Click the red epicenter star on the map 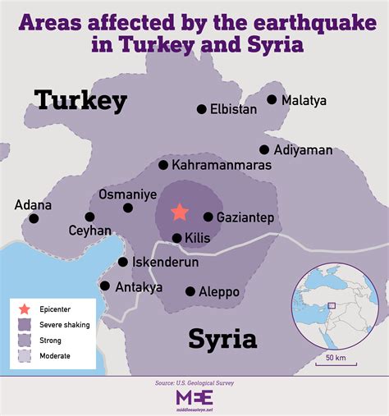point(180,212)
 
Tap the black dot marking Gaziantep point(208,217)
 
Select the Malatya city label point(304,100)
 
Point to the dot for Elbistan point(201,109)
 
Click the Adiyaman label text point(304,150)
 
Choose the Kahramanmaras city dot point(163,165)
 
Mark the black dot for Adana point(34,218)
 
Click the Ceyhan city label point(89,231)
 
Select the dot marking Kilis point(176,238)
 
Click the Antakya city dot point(105,286)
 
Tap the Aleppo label point(218,291)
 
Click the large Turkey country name point(80,100)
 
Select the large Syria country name point(222,338)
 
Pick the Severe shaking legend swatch point(25,325)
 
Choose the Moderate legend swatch point(25,355)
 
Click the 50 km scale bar point(335,350)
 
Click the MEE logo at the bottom point(194,397)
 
